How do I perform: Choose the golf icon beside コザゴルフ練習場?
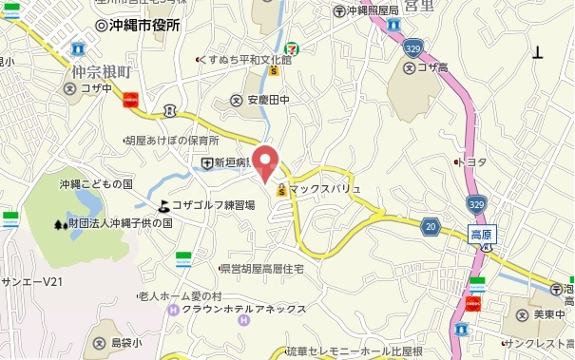pos(163,205)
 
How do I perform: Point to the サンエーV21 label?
pos(31,282)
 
